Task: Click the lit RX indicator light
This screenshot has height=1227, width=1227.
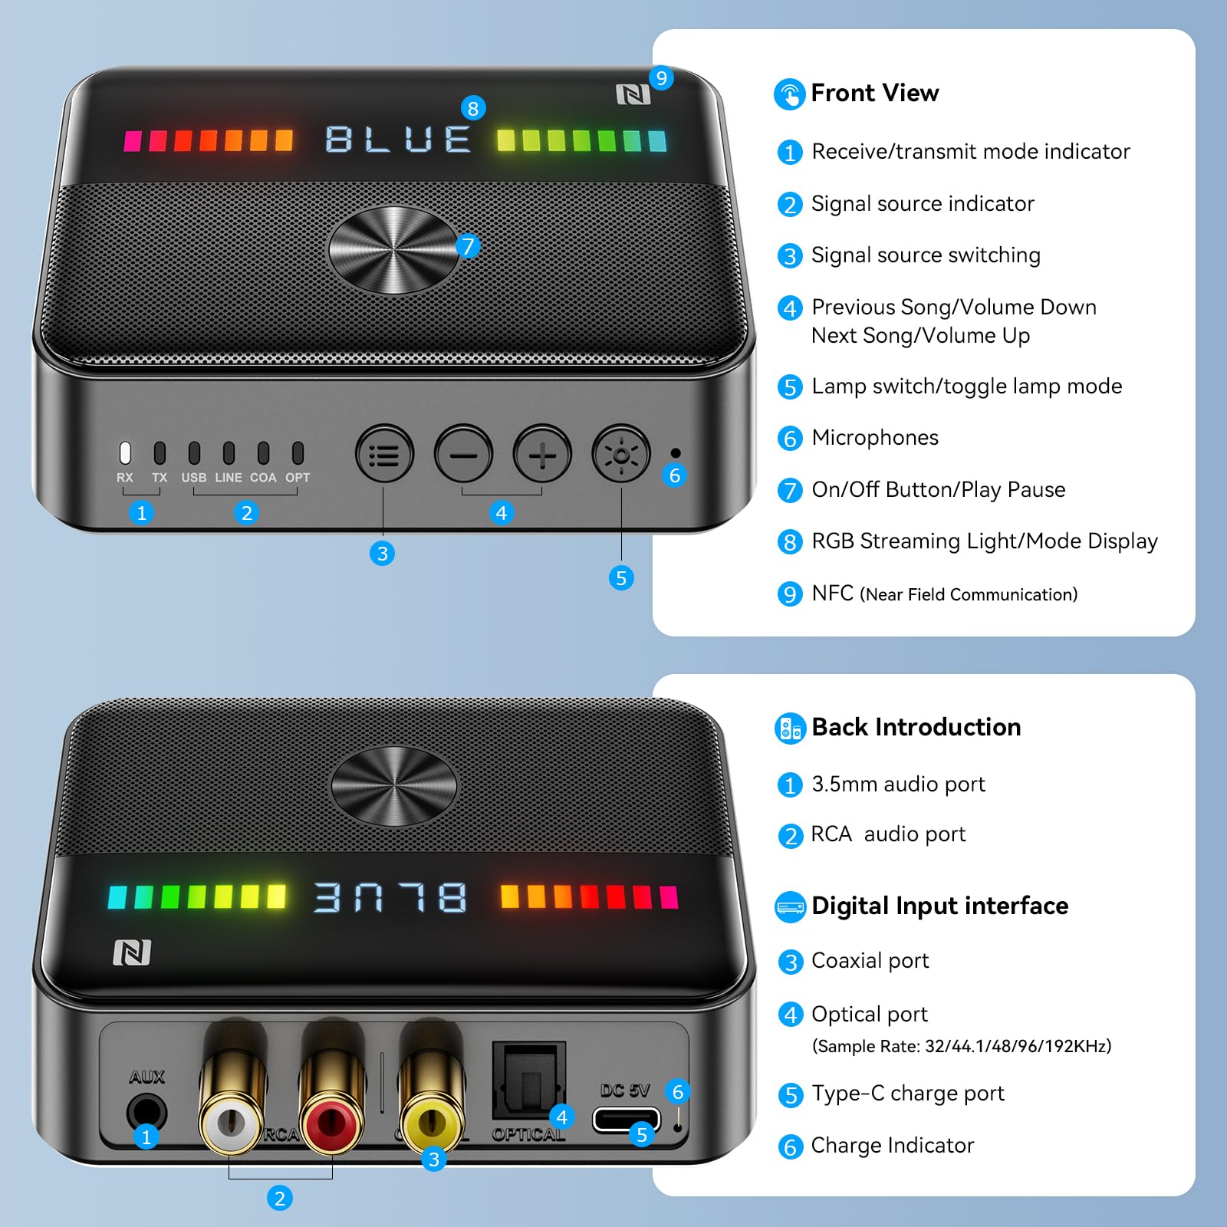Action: pos(125,453)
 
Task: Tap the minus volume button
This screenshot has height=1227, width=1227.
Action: pos(463,455)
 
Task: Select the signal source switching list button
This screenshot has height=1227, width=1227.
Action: pos(384,455)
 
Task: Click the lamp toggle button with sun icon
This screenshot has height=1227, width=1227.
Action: pos(620,455)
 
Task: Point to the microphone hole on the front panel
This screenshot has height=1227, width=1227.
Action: pos(675,453)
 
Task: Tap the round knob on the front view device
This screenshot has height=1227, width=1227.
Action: pos(393,250)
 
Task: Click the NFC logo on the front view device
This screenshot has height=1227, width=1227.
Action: pos(633,95)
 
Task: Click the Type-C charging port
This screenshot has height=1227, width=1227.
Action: pos(626,1120)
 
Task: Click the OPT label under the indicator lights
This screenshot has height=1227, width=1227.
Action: pos(298,478)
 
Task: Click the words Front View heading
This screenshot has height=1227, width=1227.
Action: pos(874,93)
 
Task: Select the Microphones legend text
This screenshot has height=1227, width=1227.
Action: pos(875,438)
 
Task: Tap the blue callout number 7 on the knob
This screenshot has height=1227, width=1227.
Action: pos(467,246)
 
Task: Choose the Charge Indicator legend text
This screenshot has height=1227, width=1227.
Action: pos(893,1146)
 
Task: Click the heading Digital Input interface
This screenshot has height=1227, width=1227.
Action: pos(939,906)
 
